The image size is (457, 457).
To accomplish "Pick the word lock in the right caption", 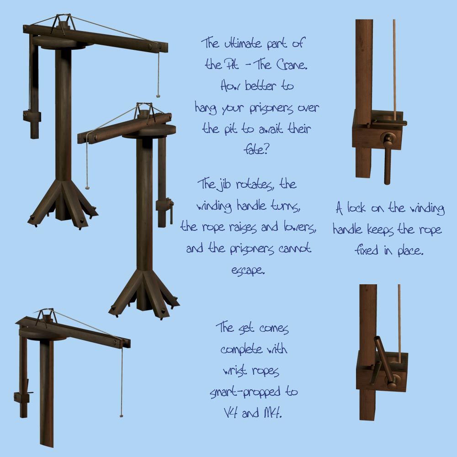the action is [x=356, y=207].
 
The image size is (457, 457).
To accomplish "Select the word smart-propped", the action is [x=245, y=392].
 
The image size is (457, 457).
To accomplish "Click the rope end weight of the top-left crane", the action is [x=158, y=96].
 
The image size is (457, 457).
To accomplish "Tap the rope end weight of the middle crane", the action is [x=86, y=188].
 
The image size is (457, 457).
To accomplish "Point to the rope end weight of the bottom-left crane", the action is [x=121, y=415].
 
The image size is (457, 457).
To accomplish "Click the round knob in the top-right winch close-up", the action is [x=388, y=138].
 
